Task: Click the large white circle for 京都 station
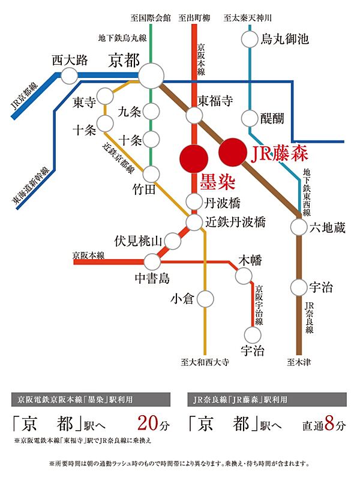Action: pyautogui.click(x=152, y=75)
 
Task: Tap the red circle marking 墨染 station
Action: pyautogui.click(x=194, y=157)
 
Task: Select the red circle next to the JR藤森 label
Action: pyautogui.click(x=232, y=152)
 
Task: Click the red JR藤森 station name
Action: pyautogui.click(x=279, y=154)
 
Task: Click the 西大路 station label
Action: pyautogui.click(x=70, y=60)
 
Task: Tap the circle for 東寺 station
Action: pyautogui.click(x=106, y=96)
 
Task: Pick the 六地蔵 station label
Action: pyautogui.click(x=328, y=227)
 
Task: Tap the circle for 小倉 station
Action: pyautogui.click(x=206, y=298)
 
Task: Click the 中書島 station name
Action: pyautogui.click(x=154, y=279)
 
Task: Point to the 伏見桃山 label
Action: pyautogui.click(x=138, y=241)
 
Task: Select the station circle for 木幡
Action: pyautogui.click(x=244, y=275)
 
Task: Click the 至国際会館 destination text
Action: pyautogui.click(x=151, y=17)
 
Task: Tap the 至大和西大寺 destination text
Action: pyautogui.click(x=205, y=363)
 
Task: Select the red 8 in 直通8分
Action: pyautogui.click(x=332, y=425)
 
